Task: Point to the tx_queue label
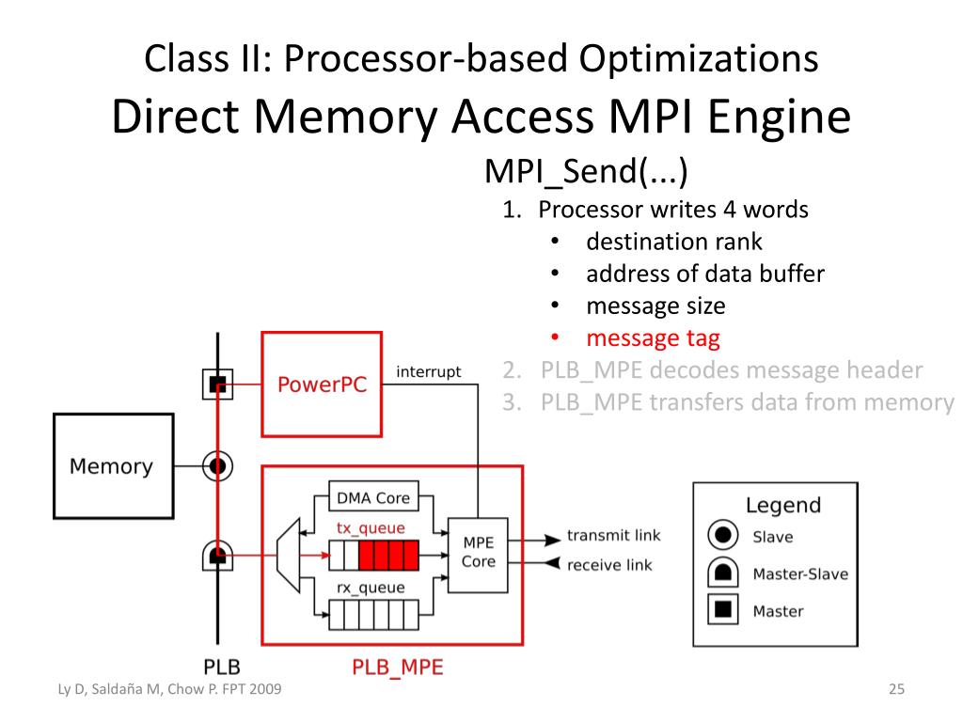(371, 528)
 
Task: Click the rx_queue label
(371, 589)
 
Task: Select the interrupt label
(428, 372)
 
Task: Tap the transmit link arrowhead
(553, 540)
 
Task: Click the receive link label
(609, 565)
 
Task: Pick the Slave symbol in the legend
(723, 535)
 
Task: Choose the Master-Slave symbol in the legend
(723, 572)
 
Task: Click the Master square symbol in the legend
(723, 609)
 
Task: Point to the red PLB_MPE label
(398, 667)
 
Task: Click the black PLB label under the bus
(222, 667)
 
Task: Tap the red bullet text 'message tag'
(653, 338)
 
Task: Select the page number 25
(896, 689)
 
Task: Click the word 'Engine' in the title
(780, 118)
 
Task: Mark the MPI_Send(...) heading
(586, 171)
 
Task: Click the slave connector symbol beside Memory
(217, 466)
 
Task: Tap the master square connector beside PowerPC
(217, 385)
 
